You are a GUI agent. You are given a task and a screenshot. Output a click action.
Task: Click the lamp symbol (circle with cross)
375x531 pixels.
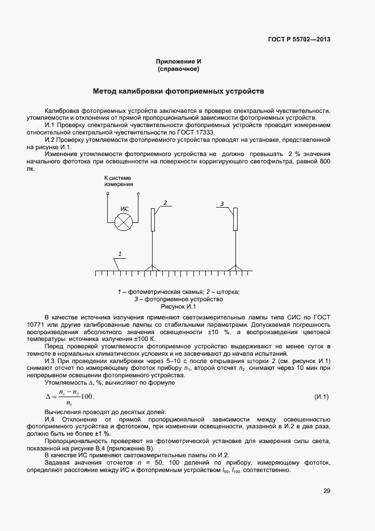(x=123, y=222)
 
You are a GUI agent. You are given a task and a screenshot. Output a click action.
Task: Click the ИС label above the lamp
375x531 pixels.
(x=124, y=209)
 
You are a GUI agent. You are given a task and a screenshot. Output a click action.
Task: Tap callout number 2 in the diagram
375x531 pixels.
(x=165, y=202)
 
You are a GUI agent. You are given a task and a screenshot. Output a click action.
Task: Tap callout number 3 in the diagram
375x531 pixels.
(x=222, y=203)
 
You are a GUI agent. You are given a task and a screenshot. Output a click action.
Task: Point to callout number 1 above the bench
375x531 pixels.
(x=120, y=253)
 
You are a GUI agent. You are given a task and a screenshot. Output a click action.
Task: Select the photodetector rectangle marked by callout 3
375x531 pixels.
(x=235, y=220)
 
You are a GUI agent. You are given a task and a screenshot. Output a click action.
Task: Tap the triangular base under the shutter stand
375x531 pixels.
(x=152, y=268)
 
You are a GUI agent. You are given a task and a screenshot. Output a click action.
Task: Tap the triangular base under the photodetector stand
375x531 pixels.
(x=235, y=268)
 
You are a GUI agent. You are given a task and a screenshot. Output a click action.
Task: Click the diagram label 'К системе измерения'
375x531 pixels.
(x=119, y=181)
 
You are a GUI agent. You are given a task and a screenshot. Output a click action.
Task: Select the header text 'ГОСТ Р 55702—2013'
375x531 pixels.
(x=298, y=40)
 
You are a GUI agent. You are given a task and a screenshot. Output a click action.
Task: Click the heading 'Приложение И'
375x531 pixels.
(x=178, y=61)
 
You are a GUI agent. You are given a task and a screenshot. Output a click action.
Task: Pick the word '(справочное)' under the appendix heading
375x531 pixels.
(x=178, y=69)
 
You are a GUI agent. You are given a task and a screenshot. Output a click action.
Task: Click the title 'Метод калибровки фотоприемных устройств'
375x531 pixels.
(x=178, y=91)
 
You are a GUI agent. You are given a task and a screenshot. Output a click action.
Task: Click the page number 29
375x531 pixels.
(x=327, y=491)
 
